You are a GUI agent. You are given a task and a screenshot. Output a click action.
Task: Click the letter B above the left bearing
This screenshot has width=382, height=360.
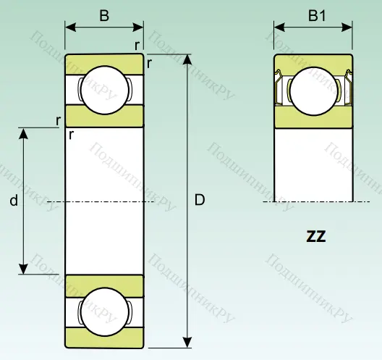pos(104,16)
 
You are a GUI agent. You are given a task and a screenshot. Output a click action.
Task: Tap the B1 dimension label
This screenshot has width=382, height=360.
pos(317,16)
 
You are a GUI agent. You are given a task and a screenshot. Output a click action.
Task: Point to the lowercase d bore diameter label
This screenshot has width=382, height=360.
pos(13,202)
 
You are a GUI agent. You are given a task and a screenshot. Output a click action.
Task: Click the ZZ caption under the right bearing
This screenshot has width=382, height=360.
pos(315,236)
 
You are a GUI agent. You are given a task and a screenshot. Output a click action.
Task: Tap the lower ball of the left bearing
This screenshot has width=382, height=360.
pos(105,311)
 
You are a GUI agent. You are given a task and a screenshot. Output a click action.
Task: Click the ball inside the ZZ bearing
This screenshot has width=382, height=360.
pos(313,90)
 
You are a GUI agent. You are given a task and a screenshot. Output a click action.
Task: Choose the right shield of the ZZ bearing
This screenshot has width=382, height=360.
pos(346,90)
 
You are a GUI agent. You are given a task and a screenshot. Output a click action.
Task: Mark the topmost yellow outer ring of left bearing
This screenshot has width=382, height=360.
pos(104,62)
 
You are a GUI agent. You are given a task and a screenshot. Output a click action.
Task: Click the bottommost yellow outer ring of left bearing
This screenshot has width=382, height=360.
pos(104,337)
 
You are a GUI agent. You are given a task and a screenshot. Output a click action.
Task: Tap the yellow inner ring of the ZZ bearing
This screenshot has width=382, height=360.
pos(313,118)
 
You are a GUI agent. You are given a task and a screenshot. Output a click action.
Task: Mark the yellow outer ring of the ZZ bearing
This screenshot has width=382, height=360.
pos(313,60)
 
